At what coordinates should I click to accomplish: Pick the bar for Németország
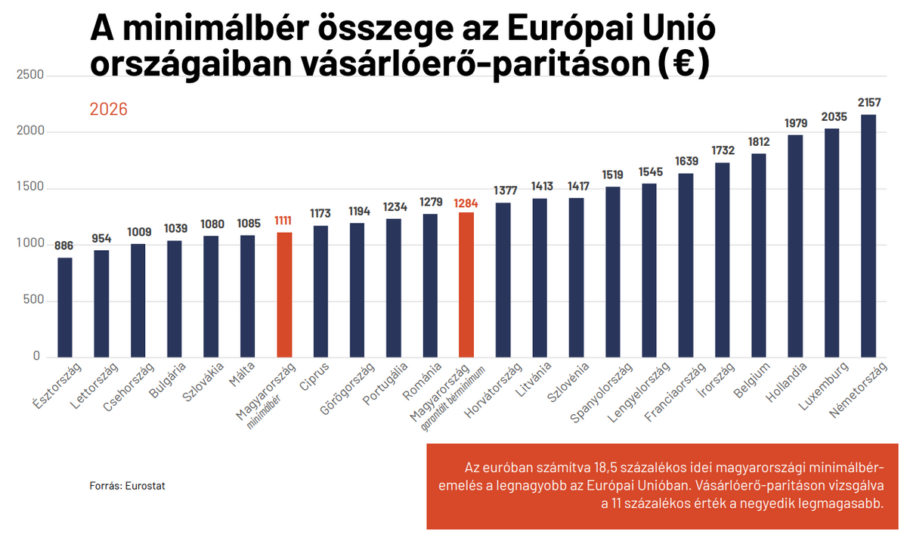pos(868,235)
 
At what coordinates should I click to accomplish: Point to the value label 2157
pos(868,102)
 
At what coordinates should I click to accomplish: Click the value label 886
pos(65,246)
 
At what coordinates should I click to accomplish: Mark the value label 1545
pos(650,172)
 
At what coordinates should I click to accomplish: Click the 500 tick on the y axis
pos(35,301)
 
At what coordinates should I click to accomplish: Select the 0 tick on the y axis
pos(36,357)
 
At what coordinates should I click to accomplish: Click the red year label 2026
pos(109,110)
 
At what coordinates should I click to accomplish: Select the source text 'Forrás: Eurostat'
pos(127,486)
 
